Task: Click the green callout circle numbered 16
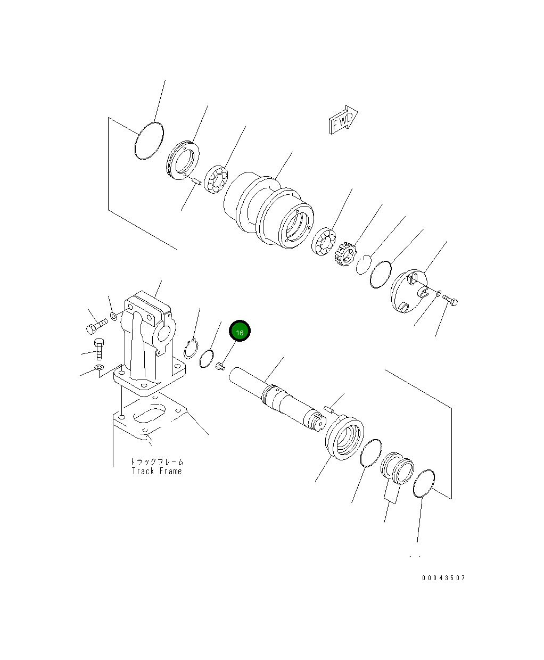point(240,332)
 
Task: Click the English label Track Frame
point(157,471)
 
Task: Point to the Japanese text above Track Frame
point(157,461)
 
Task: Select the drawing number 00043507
point(443,578)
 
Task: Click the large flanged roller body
point(271,213)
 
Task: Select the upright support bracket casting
point(146,341)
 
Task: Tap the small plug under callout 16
point(220,366)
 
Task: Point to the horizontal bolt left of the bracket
point(96,324)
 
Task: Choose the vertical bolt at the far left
point(98,349)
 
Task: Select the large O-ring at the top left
point(149,141)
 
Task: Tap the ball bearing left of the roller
point(216,181)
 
